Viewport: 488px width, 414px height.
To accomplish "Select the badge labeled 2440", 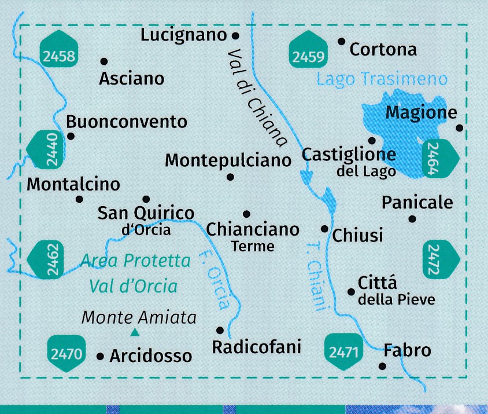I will tap(46, 150).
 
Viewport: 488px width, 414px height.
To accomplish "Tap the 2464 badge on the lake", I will tap(441, 160).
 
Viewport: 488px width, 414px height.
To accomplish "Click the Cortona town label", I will tap(383, 50).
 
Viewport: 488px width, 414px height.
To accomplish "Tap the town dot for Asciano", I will tap(104, 61).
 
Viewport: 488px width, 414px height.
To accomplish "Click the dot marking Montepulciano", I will tap(230, 177).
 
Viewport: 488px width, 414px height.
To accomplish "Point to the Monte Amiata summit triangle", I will tap(135, 332).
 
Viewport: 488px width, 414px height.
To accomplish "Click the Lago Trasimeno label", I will tap(382, 79).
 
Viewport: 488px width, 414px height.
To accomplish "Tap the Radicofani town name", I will tap(257, 347).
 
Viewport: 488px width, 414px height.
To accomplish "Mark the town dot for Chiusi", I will tap(324, 229).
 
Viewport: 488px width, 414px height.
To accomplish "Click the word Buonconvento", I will tap(127, 122).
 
